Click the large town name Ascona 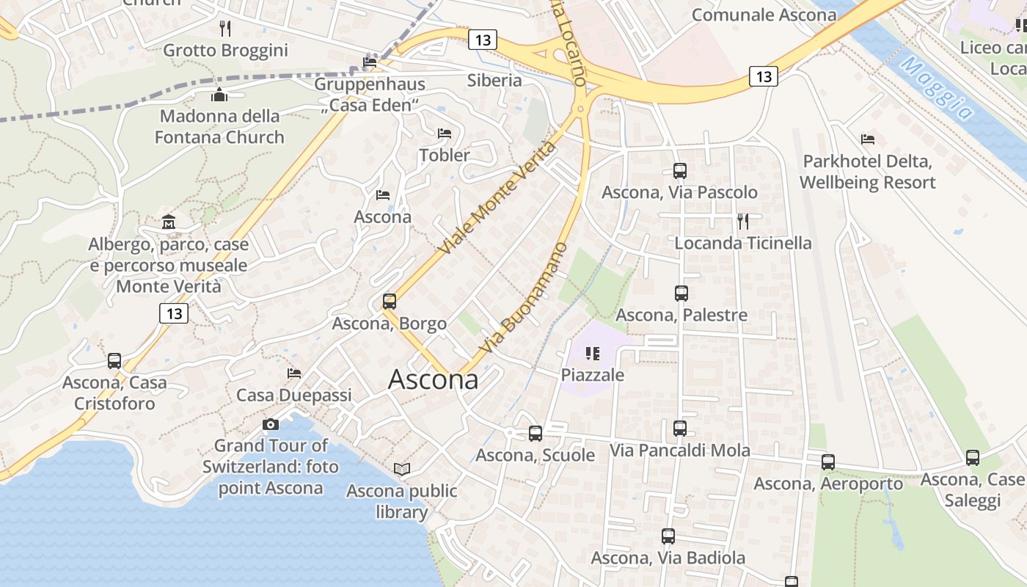click(x=433, y=379)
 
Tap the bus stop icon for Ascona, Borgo click(x=390, y=302)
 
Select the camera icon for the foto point click(x=271, y=424)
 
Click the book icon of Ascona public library click(x=402, y=469)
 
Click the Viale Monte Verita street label click(x=497, y=198)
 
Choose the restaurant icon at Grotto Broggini click(x=225, y=29)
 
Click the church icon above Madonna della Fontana click(x=219, y=95)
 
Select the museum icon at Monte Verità click(x=169, y=222)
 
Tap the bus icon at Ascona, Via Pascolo click(x=680, y=171)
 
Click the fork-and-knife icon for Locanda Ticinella click(x=743, y=221)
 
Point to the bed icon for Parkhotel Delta click(x=868, y=139)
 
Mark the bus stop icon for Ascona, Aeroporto click(x=828, y=462)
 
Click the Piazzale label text click(x=593, y=375)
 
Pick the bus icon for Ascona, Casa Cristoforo click(x=114, y=361)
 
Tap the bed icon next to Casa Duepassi click(x=294, y=373)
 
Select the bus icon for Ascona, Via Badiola click(x=668, y=536)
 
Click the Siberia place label click(x=494, y=80)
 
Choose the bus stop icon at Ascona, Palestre click(x=681, y=293)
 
